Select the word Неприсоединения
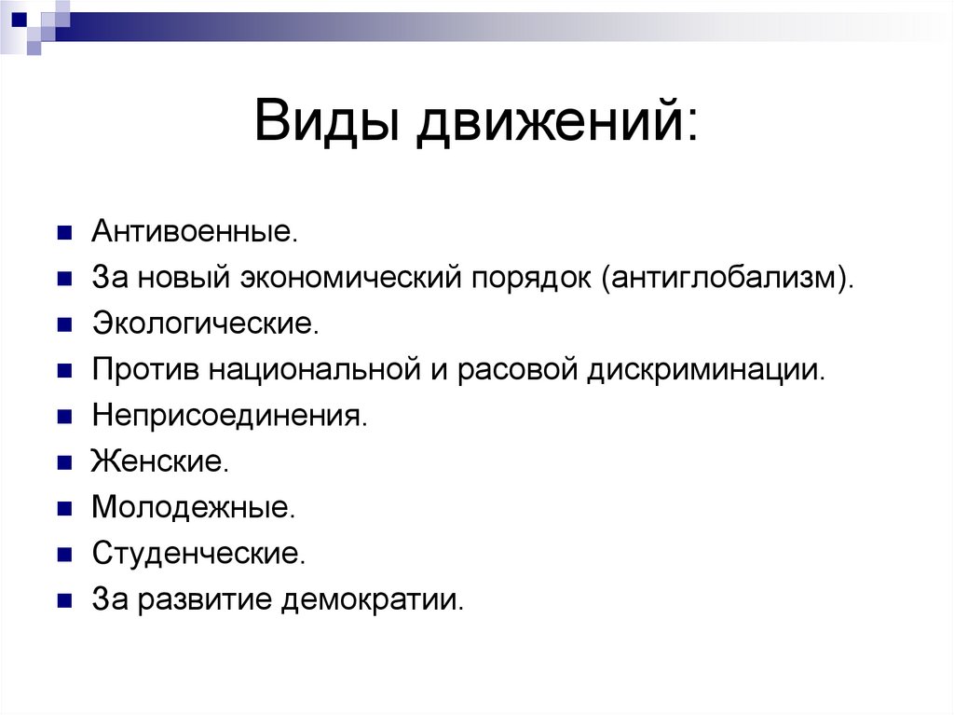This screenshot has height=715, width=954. pyautogui.click(x=230, y=415)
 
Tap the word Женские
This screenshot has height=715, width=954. pyautogui.click(x=158, y=461)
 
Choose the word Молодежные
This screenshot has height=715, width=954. pyautogui.click(x=194, y=507)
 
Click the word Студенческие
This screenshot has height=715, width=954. pyautogui.click(x=198, y=553)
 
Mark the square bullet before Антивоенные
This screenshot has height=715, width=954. pyautogui.click(x=64, y=233)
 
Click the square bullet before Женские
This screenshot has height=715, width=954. pyautogui.click(x=64, y=462)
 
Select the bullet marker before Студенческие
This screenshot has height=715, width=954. pyautogui.click(x=64, y=554)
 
